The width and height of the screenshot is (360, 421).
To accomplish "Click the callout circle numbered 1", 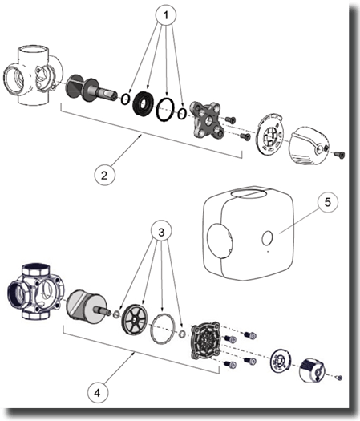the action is [x=166, y=15].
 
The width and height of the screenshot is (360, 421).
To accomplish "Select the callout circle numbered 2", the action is [x=104, y=176].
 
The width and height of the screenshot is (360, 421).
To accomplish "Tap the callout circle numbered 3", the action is [x=161, y=232].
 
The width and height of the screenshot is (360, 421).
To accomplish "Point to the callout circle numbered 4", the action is [x=98, y=393].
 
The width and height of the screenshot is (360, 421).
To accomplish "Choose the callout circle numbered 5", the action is [x=328, y=203].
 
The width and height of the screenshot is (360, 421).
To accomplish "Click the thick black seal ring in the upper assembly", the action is [x=144, y=104].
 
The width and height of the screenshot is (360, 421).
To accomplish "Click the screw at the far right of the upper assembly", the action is [x=339, y=155].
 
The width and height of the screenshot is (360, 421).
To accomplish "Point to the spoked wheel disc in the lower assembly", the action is [x=135, y=319].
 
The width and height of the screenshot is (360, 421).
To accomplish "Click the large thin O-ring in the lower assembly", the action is [x=163, y=328].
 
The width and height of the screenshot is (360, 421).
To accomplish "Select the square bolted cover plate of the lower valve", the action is [x=206, y=341].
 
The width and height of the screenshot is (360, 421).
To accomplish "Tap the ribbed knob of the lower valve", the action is [x=312, y=370].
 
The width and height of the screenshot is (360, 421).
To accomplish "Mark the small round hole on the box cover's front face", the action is [x=267, y=238].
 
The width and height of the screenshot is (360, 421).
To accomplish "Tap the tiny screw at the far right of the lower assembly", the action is [x=339, y=378].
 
